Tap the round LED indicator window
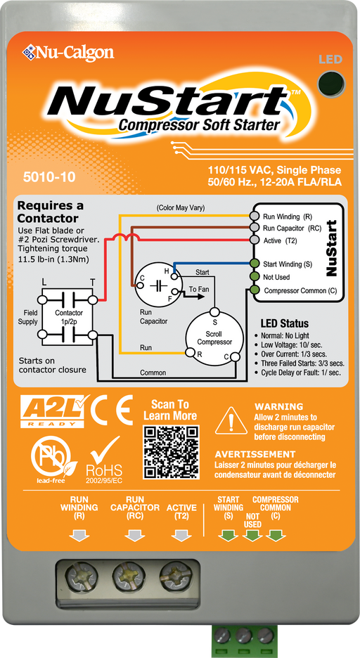point(328,84)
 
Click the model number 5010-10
point(49,176)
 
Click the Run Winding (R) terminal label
point(291,217)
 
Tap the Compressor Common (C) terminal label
point(300,290)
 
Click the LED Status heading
point(284,324)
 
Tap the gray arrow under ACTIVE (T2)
point(181,536)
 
